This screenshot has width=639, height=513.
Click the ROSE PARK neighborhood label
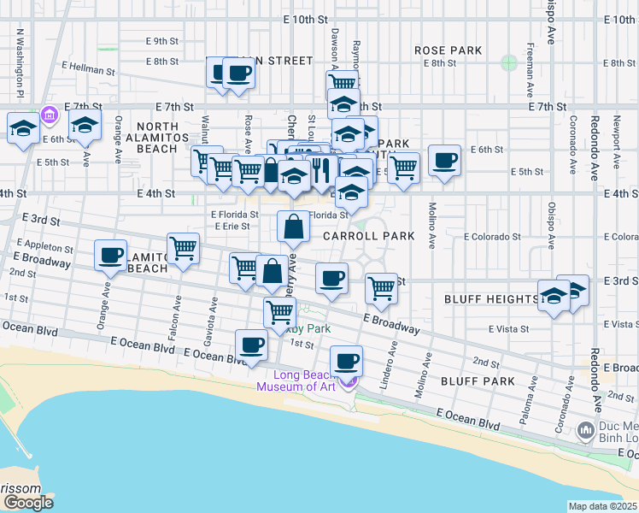[448, 50]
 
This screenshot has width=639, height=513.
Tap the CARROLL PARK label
[369, 235]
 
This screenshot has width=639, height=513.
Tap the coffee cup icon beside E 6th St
[444, 160]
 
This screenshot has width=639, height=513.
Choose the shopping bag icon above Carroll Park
[293, 227]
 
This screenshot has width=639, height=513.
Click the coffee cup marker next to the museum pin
[346, 360]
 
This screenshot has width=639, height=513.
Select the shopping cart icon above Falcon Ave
[184, 249]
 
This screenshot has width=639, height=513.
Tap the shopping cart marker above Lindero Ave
[381, 287]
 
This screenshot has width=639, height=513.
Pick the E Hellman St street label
[88, 69]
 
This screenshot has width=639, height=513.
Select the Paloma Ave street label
[531, 382]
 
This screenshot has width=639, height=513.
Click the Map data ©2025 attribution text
[602, 506]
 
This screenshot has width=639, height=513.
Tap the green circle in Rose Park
[509, 62]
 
